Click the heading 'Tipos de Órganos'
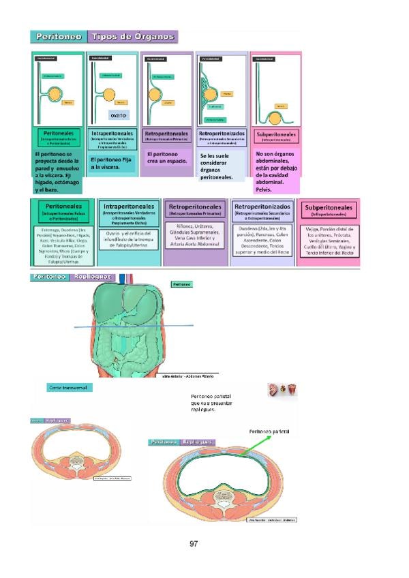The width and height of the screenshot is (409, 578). point(132,37)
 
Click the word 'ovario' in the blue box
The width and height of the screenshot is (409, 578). point(119,115)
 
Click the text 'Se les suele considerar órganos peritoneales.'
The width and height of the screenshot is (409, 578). point(219,167)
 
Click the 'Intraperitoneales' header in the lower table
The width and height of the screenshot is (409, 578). point(128,207)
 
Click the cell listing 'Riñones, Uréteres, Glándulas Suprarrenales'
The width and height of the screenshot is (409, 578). point(196,237)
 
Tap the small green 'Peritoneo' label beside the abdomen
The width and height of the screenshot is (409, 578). point(181,284)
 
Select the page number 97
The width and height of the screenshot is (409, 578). point(194,544)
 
